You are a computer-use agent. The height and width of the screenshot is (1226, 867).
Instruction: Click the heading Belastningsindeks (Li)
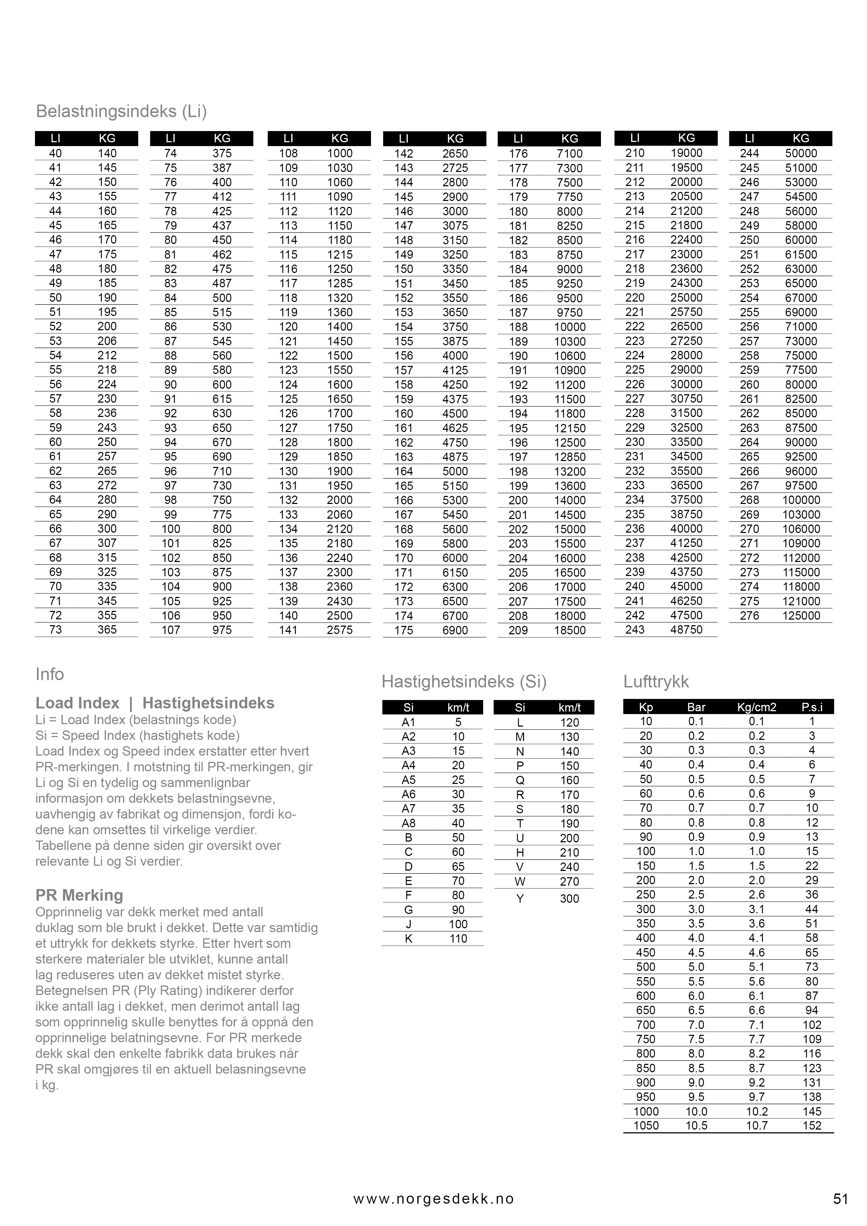point(121,111)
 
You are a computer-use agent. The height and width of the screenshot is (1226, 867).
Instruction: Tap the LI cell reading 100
point(171,529)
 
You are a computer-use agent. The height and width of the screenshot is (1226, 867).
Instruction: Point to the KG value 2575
point(340,630)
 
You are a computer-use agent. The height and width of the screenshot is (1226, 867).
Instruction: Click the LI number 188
point(518,327)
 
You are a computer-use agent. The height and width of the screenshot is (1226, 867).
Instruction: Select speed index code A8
point(409,823)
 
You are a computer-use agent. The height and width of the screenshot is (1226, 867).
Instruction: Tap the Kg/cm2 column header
point(757,707)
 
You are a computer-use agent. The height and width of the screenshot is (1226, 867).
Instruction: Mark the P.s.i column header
point(812,707)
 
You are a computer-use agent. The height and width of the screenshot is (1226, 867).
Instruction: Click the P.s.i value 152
point(812,1126)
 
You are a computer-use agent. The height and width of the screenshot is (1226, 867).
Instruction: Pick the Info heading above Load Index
point(50,675)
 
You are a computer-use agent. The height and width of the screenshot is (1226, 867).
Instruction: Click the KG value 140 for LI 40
point(107,153)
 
